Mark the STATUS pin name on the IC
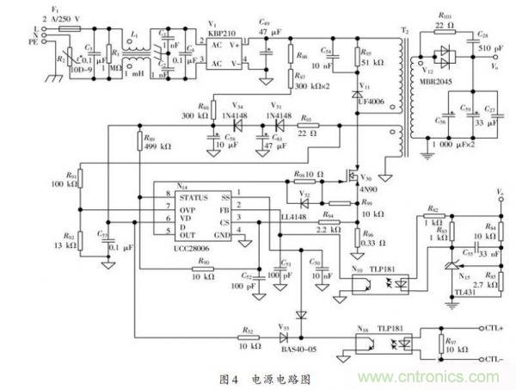193,197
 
